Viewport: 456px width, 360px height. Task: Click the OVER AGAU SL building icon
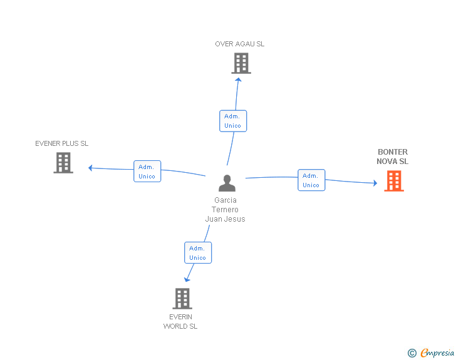coord(241,63)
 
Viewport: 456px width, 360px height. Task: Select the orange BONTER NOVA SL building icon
coord(394,181)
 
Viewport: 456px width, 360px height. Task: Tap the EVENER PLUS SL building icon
coord(63,163)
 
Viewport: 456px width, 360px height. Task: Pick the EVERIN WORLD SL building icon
coord(182,299)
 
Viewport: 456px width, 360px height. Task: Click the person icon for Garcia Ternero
coord(227,183)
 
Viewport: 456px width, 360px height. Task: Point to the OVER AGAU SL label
coord(240,44)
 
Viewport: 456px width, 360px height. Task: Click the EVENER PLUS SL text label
coord(61,143)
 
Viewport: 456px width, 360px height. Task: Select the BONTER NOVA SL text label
coord(393,157)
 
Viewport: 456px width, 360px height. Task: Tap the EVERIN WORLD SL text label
coord(180,321)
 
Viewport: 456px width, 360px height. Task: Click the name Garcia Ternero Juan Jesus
coord(225,209)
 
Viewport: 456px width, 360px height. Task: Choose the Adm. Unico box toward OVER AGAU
coord(233,121)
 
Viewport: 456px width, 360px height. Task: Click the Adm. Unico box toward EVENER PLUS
coord(147,172)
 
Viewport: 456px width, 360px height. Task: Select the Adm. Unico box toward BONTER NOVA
coord(311,180)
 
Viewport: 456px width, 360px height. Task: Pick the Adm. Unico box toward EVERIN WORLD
coord(198,253)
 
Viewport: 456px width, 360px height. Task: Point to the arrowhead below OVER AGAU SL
coord(238,80)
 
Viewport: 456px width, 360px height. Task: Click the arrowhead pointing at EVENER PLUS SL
coord(90,168)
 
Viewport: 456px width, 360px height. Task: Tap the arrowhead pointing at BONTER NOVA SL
coord(375,183)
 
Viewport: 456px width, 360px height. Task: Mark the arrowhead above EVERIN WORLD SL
coord(187,279)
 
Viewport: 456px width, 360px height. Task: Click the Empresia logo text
coord(437,352)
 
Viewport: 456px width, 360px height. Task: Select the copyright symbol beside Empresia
coord(412,353)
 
